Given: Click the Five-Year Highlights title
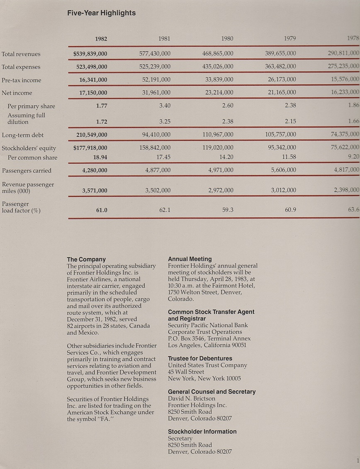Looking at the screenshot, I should tap(101, 13).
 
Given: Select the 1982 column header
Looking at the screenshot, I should tap(101, 39).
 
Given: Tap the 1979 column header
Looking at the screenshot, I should tap(290, 39).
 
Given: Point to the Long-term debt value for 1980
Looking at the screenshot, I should tap(218, 134).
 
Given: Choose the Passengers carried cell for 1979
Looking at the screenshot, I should tap(283, 170).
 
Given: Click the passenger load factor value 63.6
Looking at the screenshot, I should tap(354, 210).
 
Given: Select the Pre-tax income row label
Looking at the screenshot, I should tap(22, 80).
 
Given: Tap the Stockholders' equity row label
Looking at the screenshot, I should tap(29, 148).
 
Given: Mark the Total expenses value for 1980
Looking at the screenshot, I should tap(218, 67).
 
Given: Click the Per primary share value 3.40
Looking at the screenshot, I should tap(165, 106).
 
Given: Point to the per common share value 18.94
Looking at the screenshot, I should tap(101, 158).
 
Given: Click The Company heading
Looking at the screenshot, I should tap(86, 259).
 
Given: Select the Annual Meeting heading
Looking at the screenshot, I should tap(190, 259).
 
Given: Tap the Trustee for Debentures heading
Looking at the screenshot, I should tap(200, 358).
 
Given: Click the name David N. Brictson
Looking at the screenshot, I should tap(191, 399).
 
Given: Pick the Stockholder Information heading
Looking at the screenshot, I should tap(202, 431).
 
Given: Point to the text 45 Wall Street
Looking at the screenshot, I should tap(186, 372).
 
